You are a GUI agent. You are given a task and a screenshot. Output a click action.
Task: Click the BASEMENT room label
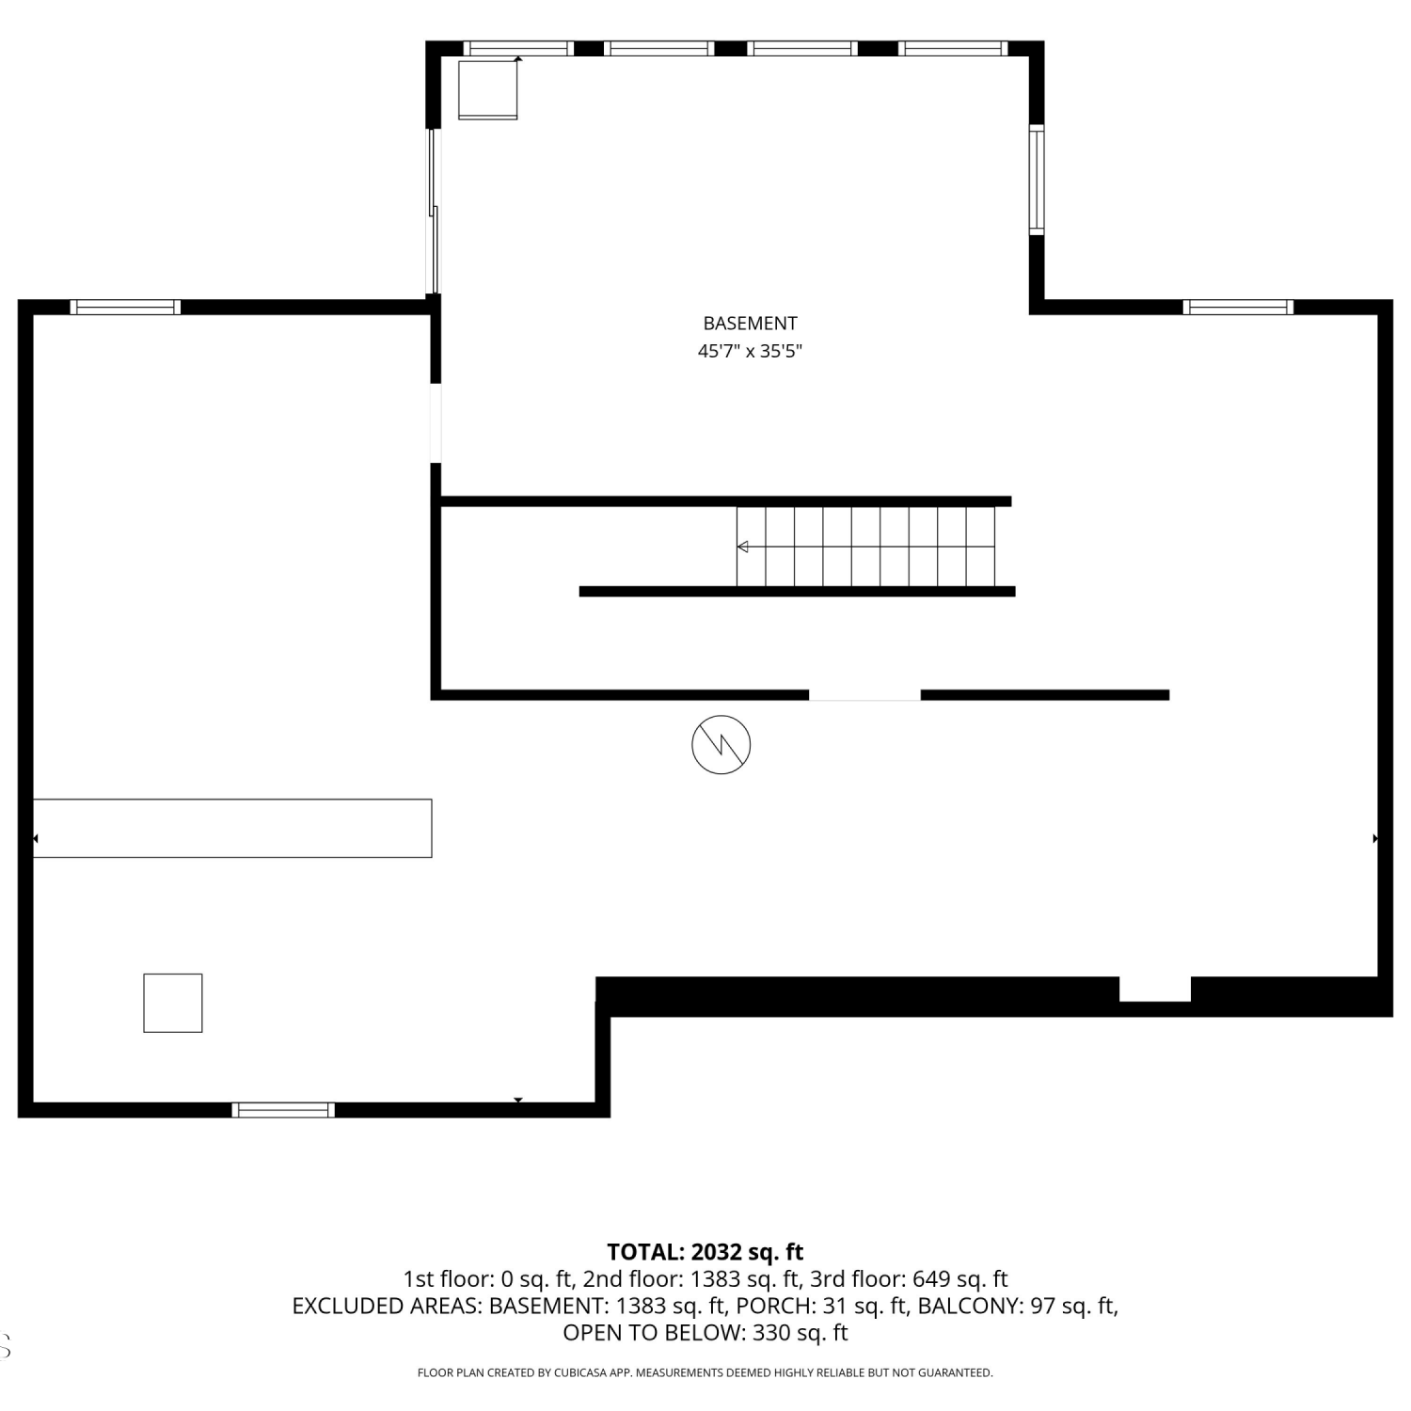click(750, 324)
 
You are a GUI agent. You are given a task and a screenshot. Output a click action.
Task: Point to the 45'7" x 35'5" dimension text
click(750, 352)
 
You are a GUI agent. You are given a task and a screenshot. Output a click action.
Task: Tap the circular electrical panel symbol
click(721, 745)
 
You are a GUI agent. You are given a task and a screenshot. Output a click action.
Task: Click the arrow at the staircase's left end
click(742, 547)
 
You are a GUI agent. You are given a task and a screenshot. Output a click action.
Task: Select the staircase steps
click(865, 547)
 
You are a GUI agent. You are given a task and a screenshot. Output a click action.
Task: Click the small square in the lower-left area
click(173, 1003)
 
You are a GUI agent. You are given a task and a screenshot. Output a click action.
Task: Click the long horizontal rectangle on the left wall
click(232, 828)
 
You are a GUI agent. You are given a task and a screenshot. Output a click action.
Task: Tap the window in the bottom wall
click(283, 1110)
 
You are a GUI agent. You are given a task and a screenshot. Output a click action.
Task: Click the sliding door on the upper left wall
click(434, 212)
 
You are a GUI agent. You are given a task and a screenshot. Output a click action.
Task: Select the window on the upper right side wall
click(1037, 180)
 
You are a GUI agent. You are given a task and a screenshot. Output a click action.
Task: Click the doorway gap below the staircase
click(864, 695)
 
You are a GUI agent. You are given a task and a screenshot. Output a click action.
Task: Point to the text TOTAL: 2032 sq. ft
click(705, 1252)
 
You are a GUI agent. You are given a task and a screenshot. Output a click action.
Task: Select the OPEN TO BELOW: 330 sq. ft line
click(705, 1333)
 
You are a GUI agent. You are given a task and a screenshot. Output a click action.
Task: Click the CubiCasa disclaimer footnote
click(705, 1373)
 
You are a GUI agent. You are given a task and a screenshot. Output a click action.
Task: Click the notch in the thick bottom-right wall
click(1155, 990)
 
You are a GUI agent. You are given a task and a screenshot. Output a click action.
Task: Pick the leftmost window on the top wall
click(518, 48)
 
